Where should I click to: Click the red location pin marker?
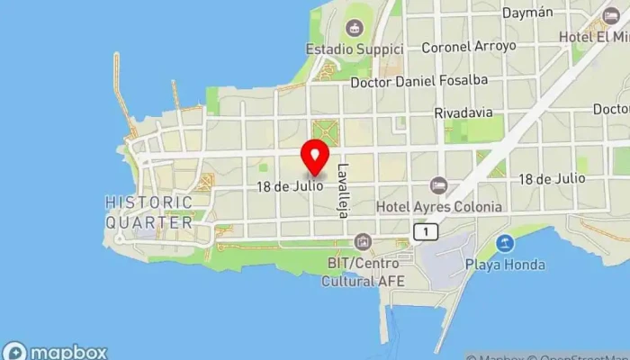[x=315, y=157]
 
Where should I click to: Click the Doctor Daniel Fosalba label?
[x=419, y=80]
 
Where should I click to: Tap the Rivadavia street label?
[x=463, y=113]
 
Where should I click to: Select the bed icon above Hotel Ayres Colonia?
[x=438, y=185]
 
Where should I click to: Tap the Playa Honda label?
[x=506, y=265]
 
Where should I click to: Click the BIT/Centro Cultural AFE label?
[x=363, y=272]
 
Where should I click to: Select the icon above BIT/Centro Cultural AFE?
[x=363, y=240]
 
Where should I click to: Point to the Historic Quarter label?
[x=148, y=211]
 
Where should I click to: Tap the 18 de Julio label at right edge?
[x=552, y=179]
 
